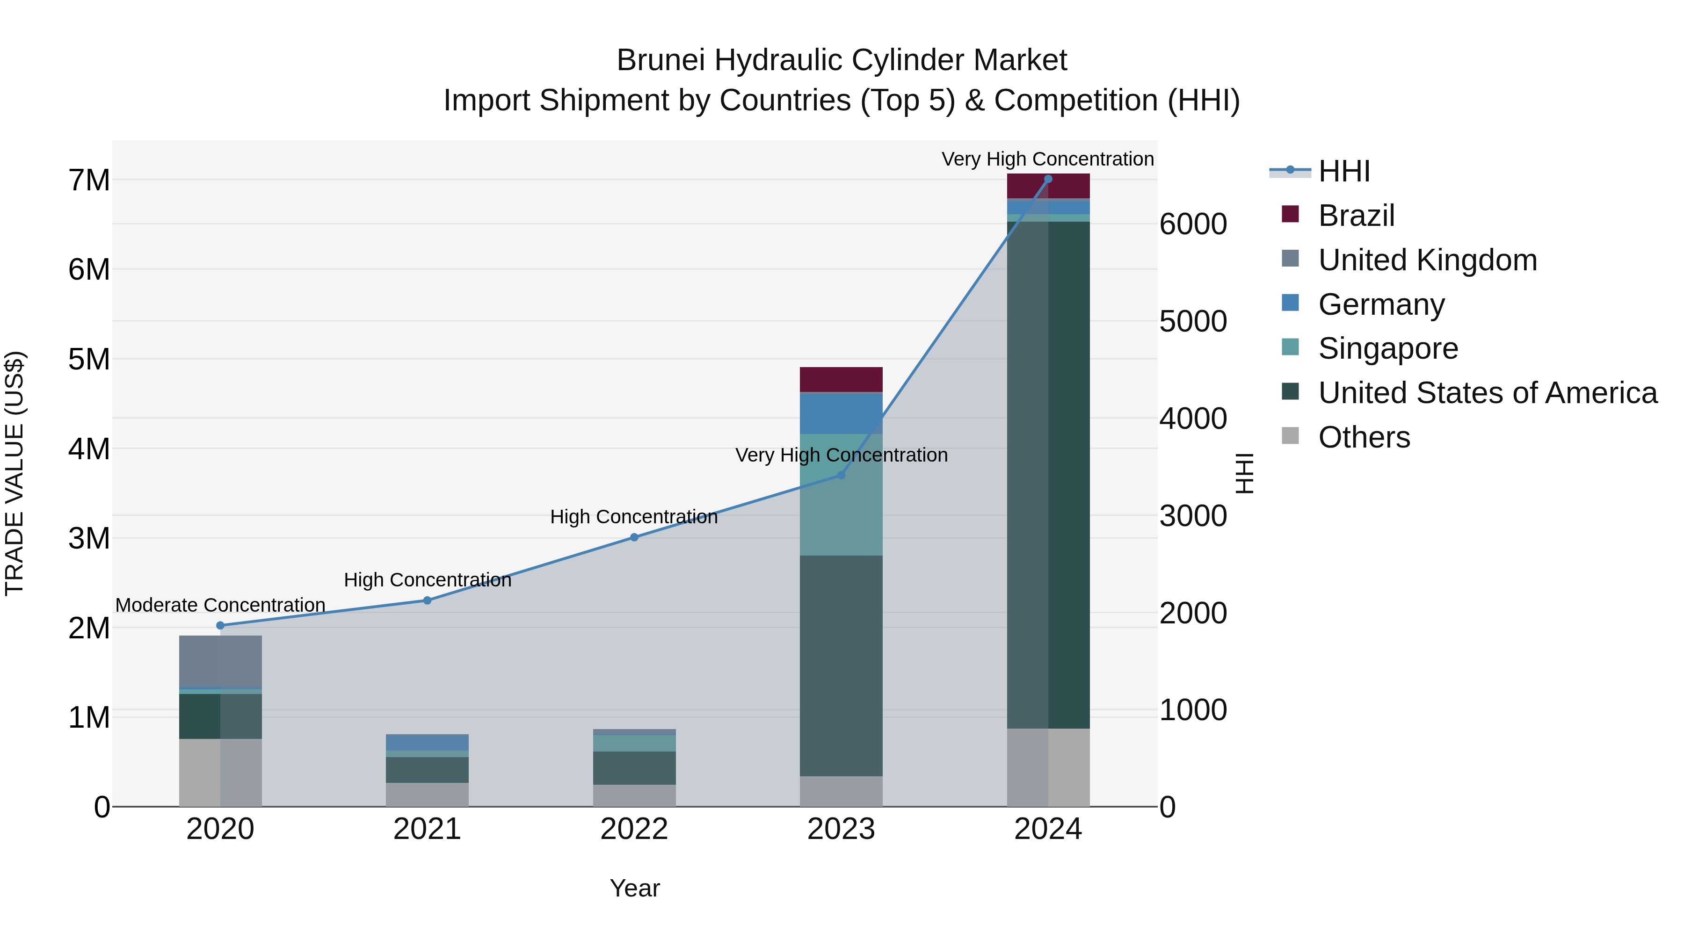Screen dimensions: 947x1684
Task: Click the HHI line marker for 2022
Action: click(634, 537)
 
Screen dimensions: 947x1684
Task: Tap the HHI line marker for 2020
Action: click(220, 625)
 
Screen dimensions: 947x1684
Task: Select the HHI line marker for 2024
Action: click(1048, 179)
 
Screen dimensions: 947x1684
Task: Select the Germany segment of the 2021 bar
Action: click(427, 743)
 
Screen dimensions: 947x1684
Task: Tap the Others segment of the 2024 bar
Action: click(1048, 767)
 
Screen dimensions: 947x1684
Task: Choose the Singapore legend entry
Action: click(1387, 348)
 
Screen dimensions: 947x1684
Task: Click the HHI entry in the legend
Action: click(1343, 171)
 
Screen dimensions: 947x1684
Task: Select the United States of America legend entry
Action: click(1487, 393)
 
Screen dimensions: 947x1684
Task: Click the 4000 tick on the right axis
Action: click(1193, 419)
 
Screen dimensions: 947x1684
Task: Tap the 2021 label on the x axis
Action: click(427, 829)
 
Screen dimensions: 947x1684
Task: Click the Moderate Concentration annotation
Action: click(220, 605)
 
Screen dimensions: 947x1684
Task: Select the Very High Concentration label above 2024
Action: click(1047, 159)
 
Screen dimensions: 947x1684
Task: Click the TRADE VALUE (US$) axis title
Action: click(15, 473)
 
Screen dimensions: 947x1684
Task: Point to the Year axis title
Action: click(634, 888)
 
